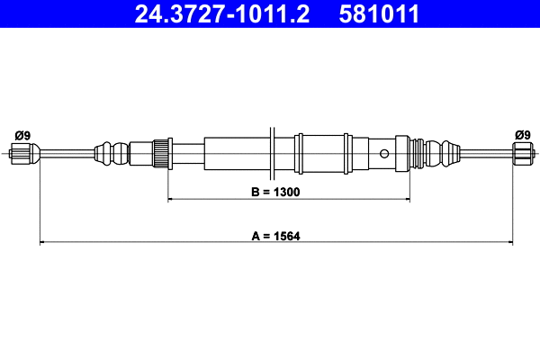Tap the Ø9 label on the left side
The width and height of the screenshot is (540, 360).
22,135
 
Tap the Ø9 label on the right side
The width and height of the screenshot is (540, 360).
522,135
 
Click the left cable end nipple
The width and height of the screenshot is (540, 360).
24,154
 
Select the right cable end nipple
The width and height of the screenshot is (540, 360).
522,154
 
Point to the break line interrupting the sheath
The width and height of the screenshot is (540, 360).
271,150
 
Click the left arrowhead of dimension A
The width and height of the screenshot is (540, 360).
42,241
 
